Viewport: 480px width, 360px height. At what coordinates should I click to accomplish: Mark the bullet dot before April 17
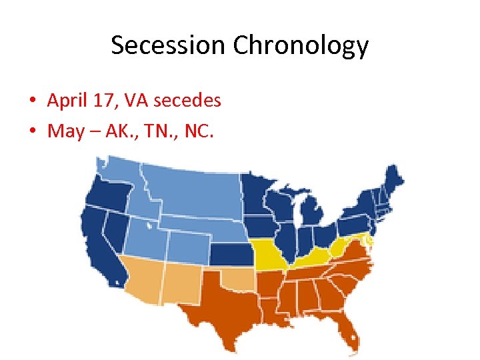[x=32, y=101]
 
